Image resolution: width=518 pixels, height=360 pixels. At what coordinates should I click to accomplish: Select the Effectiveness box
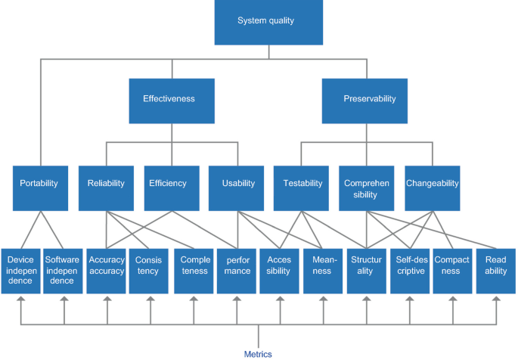pyautogui.click(x=169, y=98)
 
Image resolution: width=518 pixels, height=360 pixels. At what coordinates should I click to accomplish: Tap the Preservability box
pyautogui.click(x=369, y=98)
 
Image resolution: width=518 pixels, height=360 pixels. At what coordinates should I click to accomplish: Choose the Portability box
pyautogui.click(x=39, y=183)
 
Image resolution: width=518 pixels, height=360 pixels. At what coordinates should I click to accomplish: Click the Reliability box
pyautogui.click(x=105, y=183)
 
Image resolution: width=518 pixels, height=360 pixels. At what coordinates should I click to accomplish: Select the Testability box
pyautogui.click(x=302, y=183)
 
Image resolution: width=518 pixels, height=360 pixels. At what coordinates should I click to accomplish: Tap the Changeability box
pyautogui.click(x=433, y=183)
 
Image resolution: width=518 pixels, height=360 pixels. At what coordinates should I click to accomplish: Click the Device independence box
pyautogui.click(x=20, y=270)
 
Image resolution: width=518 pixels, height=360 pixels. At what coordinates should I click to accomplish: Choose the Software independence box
pyautogui.click(x=62, y=270)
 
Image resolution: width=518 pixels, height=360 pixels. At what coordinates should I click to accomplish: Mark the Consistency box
pyautogui.click(x=149, y=270)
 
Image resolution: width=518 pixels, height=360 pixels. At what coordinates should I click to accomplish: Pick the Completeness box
pyautogui.click(x=194, y=270)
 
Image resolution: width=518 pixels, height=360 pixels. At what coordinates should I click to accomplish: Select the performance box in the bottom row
pyautogui.click(x=237, y=270)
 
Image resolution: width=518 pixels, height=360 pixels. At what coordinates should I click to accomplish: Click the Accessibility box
pyautogui.click(x=280, y=270)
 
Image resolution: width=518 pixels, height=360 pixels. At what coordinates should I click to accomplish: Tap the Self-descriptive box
pyautogui.click(x=411, y=270)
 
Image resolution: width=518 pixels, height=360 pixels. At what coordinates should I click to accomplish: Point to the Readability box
pyautogui.click(x=496, y=270)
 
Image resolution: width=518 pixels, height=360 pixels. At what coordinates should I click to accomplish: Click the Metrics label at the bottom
pyautogui.click(x=258, y=353)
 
